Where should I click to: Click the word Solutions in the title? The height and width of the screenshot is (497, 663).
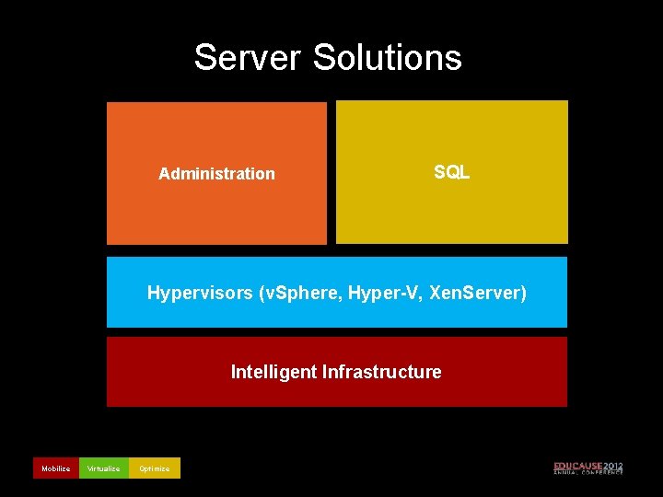tap(387, 57)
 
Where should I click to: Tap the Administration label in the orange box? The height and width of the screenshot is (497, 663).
tap(216, 174)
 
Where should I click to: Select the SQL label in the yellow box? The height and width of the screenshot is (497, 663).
tap(451, 172)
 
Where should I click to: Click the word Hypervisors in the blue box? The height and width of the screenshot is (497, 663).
tap(200, 294)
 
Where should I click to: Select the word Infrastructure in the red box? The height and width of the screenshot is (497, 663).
tap(381, 372)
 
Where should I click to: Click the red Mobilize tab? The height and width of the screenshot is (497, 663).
tap(55, 468)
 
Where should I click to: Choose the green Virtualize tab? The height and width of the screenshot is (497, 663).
tap(103, 468)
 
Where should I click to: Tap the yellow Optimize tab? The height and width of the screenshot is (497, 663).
tap(154, 468)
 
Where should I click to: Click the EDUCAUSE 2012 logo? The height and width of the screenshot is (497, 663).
tap(588, 468)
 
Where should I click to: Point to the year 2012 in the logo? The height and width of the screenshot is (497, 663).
tap(613, 466)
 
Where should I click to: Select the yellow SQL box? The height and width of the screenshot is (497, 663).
tap(451, 212)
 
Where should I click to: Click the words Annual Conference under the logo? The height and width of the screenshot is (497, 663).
tap(588, 473)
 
